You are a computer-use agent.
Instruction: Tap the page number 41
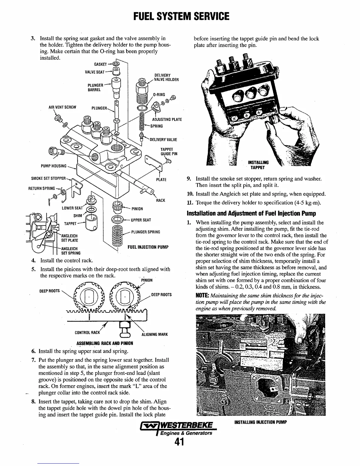[x=180, y=442]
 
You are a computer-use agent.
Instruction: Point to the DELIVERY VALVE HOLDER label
[x=166, y=77]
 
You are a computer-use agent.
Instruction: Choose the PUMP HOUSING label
[x=54, y=166]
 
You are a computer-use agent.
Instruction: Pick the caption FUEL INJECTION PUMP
[x=148, y=247]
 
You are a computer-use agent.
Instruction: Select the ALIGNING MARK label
[x=154, y=334]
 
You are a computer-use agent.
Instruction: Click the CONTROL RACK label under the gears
[x=87, y=333]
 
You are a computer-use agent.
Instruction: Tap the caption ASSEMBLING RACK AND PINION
[x=105, y=343]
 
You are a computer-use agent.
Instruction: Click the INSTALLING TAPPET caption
[x=258, y=165]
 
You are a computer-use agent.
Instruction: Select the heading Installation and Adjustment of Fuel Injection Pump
[x=252, y=213]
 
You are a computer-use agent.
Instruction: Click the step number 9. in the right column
[x=190, y=179]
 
